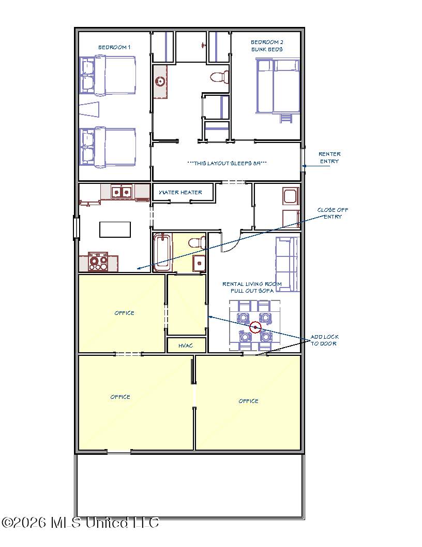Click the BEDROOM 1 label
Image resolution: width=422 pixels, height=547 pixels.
click(114, 47)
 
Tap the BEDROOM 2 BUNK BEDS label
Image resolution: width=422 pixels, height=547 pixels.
click(267, 46)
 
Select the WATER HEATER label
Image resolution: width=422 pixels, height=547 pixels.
click(180, 192)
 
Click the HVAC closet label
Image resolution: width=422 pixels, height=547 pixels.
click(186, 346)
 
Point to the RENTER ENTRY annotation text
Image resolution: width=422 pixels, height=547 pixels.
click(329, 157)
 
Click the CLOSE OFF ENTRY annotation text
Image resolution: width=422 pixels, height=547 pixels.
click(333, 213)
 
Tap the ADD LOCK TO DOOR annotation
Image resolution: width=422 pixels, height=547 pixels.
click(324, 340)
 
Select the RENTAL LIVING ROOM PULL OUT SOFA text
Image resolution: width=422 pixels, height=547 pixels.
click(252, 287)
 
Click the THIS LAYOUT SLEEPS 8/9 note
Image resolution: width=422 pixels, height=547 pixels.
click(227, 163)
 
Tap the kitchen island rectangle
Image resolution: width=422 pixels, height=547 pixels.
click(115, 229)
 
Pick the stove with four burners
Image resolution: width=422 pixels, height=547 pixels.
click(99, 262)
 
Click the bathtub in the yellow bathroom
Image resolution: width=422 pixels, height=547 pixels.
click(162, 252)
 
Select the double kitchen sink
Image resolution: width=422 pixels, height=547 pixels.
click(121, 192)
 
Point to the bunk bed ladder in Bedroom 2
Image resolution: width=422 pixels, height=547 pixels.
click(286, 118)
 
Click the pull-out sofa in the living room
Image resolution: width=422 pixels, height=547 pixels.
click(287, 264)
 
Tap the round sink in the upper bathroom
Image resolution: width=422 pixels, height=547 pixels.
click(160, 82)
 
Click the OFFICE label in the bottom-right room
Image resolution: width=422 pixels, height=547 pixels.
click(249, 401)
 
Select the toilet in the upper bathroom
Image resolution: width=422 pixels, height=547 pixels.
click(219, 77)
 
